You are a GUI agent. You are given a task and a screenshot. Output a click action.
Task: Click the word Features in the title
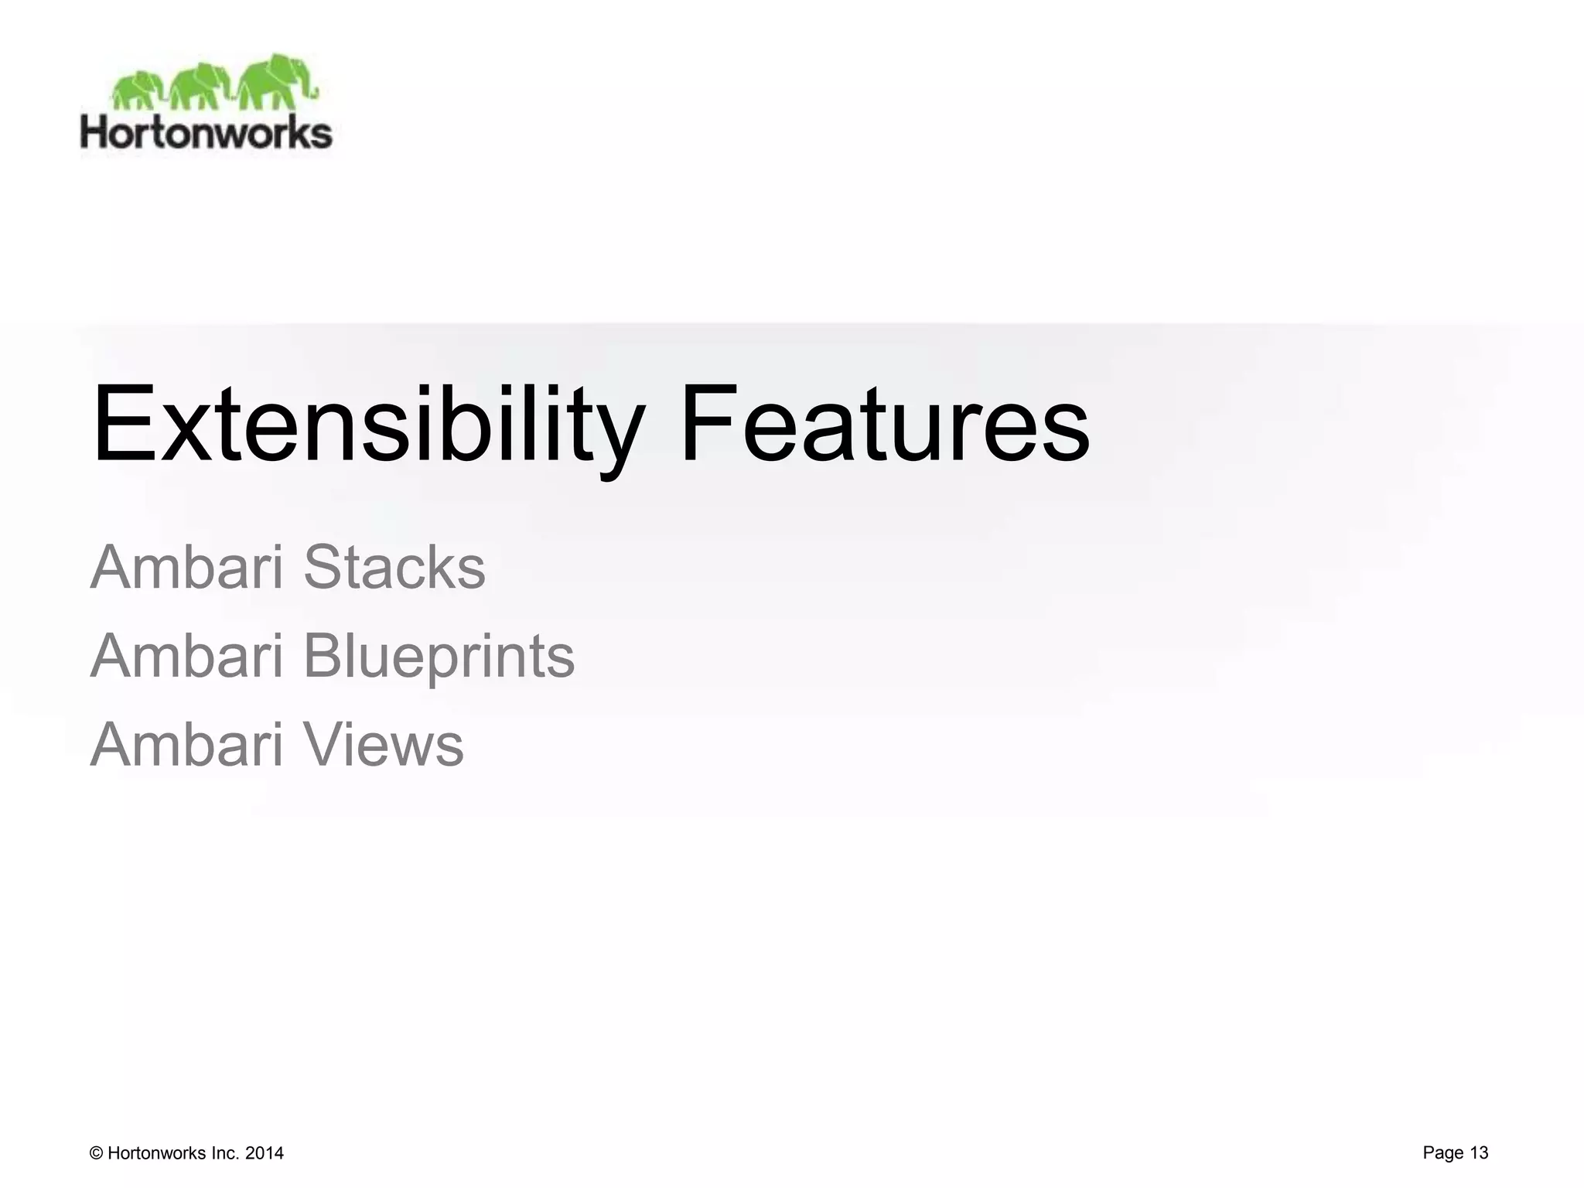885,425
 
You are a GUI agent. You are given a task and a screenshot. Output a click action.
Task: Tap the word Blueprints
439,656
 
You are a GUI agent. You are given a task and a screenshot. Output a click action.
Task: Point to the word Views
384,744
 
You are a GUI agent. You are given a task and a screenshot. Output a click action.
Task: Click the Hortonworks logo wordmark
206,133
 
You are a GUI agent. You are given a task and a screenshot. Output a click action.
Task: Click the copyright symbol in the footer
97,1153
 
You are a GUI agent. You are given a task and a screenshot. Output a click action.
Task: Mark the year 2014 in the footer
265,1153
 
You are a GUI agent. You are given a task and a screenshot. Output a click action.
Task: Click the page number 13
1479,1152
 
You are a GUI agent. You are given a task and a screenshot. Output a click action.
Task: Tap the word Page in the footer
1442,1152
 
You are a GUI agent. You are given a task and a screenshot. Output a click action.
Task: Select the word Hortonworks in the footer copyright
157,1153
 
